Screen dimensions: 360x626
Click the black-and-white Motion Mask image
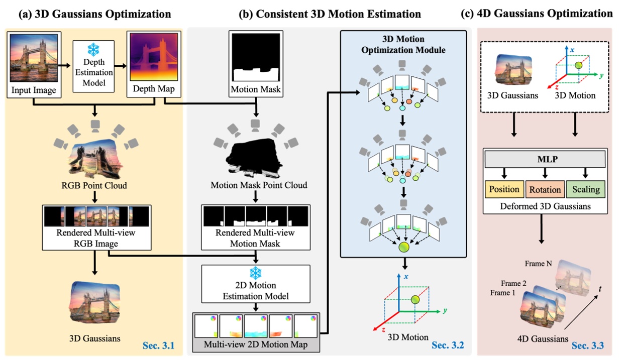pyautogui.click(x=255, y=56)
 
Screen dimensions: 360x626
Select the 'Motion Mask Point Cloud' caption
pyautogui.click(x=255, y=186)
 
